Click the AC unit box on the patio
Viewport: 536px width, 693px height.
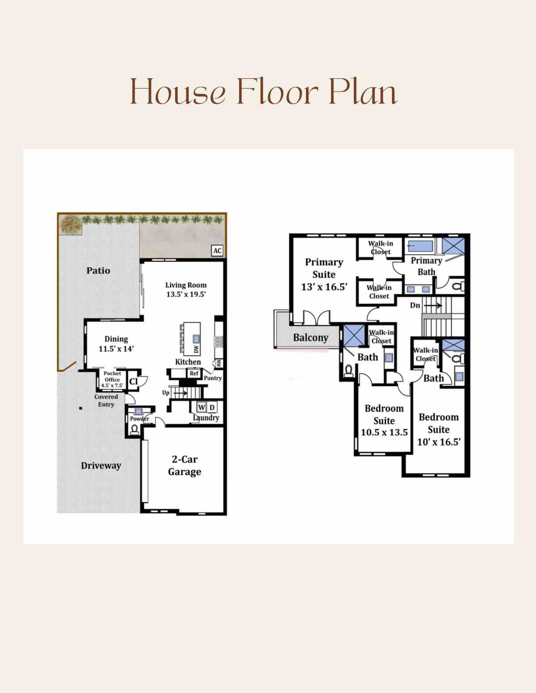pyautogui.click(x=217, y=251)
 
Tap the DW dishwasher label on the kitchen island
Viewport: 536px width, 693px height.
pyautogui.click(x=196, y=349)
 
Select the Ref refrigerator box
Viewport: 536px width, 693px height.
pyautogui.click(x=194, y=373)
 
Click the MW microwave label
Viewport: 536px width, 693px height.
pyautogui.click(x=219, y=363)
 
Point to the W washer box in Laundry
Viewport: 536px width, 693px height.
pyautogui.click(x=201, y=407)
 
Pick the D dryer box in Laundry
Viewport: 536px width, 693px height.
pyautogui.click(x=212, y=407)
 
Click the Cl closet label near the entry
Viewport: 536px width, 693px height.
pyautogui.click(x=134, y=382)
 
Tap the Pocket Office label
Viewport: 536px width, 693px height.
pyautogui.click(x=112, y=376)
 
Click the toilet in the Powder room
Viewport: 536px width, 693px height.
pyautogui.click(x=134, y=430)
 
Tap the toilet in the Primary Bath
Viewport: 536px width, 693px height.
pyautogui.click(x=459, y=286)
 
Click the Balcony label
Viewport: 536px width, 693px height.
pyautogui.click(x=310, y=338)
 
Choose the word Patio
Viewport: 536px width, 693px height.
pyautogui.click(x=98, y=270)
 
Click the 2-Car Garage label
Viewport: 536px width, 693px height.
pyautogui.click(x=184, y=465)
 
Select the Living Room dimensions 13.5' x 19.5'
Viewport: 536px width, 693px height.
pyautogui.click(x=186, y=295)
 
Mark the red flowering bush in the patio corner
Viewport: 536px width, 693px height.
pyautogui.click(x=70, y=224)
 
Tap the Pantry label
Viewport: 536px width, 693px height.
pyautogui.click(x=213, y=378)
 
